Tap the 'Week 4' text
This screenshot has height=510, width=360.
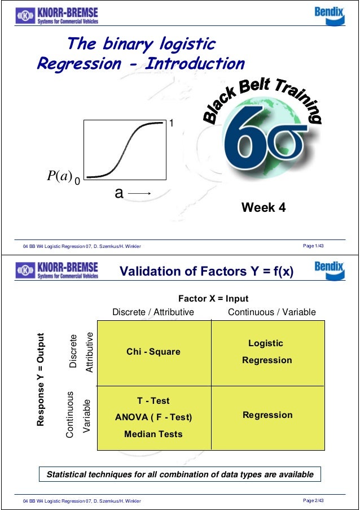264,208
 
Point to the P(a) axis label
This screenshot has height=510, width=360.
58,176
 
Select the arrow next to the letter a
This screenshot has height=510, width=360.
139,194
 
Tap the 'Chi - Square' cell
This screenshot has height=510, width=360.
153,352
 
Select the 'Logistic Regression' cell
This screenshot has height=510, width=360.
267,351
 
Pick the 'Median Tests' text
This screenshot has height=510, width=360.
153,434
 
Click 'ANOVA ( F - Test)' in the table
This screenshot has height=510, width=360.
153,417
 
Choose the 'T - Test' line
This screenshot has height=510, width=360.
153,401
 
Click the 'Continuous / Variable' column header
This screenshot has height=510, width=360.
271,312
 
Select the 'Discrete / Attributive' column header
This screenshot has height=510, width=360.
153,312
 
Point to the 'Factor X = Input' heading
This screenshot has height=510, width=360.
213,299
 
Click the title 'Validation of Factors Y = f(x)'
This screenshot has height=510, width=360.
207,272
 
